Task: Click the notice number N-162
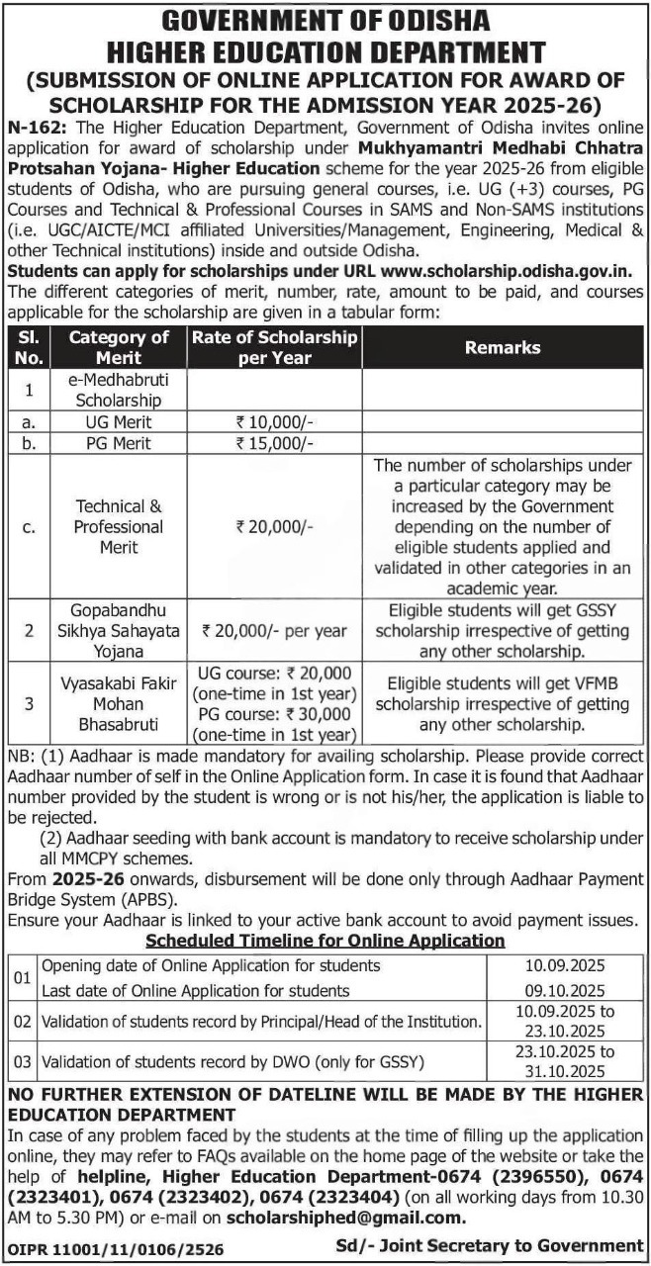pyautogui.click(x=30, y=129)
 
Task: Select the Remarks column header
pyautogui.click(x=503, y=347)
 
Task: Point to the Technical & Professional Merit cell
pyautogui.click(x=120, y=526)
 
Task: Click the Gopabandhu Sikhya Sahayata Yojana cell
pyautogui.click(x=120, y=632)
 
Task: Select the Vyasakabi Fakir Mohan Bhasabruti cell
pyautogui.click(x=120, y=704)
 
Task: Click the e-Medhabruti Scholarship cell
pyautogui.click(x=120, y=390)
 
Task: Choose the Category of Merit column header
pyautogui.click(x=120, y=347)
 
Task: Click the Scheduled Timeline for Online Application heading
pyautogui.click(x=325, y=940)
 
